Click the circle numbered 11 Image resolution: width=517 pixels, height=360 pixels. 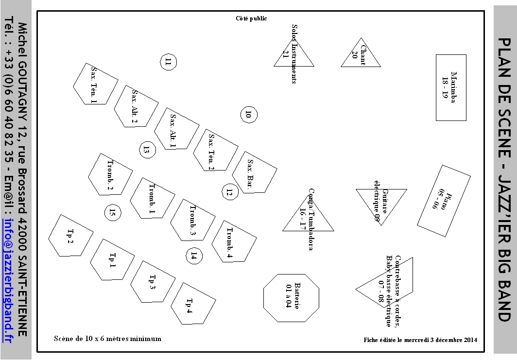pyautogui.click(x=169, y=62)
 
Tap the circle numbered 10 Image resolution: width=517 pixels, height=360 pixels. pyautogui.click(x=249, y=115)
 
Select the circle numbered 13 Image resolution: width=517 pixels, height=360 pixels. pyautogui.click(x=147, y=150)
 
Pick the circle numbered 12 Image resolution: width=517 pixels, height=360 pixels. pyautogui.click(x=230, y=192)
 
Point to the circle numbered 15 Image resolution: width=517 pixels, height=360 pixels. pyautogui.click(x=113, y=212)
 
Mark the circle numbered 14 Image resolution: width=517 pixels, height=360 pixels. pyautogui.click(x=194, y=256)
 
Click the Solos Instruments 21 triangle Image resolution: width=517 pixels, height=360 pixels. pyautogui.click(x=293, y=55)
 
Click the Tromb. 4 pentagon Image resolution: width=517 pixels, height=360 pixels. pyautogui.click(x=234, y=241)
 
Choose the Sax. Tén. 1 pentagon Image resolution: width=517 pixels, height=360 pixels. pyautogui.click(x=95, y=84)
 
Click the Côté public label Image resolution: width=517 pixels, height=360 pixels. pyautogui.click(x=252, y=18)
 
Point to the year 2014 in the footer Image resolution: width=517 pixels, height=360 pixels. pyautogui.click(x=470, y=340)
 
